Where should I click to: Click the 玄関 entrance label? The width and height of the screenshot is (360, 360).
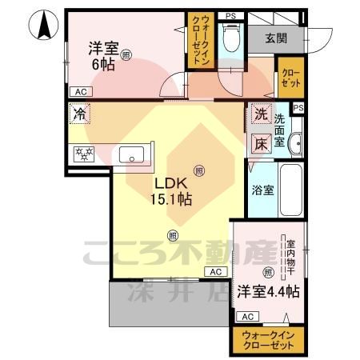pos(278,37)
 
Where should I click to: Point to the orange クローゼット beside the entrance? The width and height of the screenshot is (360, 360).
pos(290,78)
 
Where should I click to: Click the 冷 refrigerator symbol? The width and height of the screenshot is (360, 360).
pos(79,114)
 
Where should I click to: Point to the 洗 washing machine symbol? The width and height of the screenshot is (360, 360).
pos(261,114)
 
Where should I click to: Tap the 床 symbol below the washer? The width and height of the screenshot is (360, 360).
pos(261,144)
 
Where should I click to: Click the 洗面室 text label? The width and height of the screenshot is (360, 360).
pos(280,130)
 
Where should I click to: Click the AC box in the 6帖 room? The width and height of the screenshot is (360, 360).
pos(80,92)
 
